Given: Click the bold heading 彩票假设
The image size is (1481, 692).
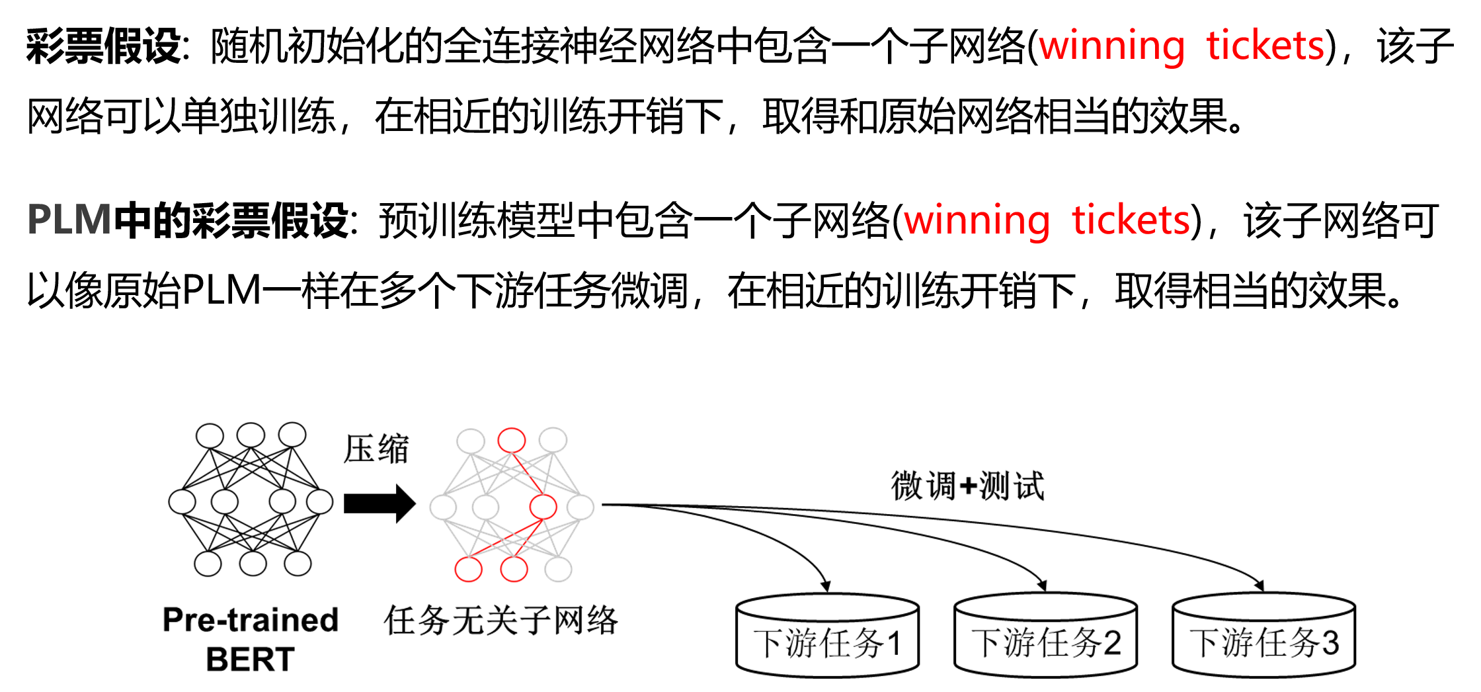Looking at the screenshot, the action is click(x=104, y=46).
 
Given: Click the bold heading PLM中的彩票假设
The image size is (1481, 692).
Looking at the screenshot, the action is click(x=188, y=220).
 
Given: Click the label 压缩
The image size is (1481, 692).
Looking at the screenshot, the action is click(x=376, y=449).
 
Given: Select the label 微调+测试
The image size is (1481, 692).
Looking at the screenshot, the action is click(x=967, y=486).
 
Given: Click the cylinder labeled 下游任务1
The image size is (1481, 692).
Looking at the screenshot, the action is click(x=827, y=636).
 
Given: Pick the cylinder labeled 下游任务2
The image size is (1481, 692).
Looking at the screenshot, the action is click(x=1045, y=636).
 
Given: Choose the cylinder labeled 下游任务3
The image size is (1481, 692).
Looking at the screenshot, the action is click(x=1263, y=636).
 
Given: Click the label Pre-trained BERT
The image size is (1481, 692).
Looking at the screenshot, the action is click(x=250, y=639).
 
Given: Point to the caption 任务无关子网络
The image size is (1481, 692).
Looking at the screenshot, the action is click(x=500, y=621).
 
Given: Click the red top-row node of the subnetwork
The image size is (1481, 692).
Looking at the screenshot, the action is click(x=512, y=440).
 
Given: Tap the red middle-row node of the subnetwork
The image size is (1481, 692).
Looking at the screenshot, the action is click(x=543, y=507).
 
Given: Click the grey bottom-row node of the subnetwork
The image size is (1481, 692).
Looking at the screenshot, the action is click(x=558, y=569).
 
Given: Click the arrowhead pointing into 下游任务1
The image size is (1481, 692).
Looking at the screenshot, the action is click(x=825, y=586).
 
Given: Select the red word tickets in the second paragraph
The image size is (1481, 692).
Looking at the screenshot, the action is click(x=1131, y=220).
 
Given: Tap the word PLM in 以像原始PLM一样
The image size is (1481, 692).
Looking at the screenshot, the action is click(x=221, y=290).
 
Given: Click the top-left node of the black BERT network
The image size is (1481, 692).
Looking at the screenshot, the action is click(x=210, y=436).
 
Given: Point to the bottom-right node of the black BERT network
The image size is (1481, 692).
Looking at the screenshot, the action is click(x=297, y=564).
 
